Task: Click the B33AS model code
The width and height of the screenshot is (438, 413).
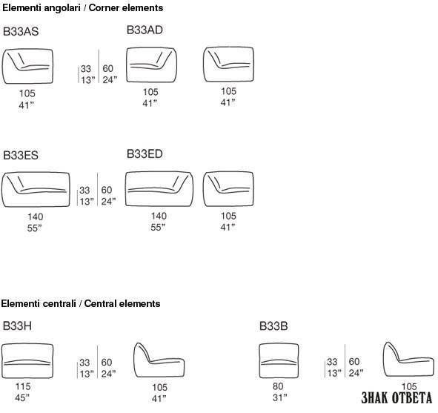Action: (21, 31)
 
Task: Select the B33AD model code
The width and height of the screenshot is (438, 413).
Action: (145, 30)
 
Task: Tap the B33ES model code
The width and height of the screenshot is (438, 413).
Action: (21, 155)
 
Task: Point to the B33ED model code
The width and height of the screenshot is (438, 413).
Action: (145, 153)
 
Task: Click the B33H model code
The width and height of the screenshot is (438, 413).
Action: (17, 326)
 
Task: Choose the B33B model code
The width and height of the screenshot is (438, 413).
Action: (273, 326)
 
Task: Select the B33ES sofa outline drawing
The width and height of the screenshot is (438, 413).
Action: (36, 190)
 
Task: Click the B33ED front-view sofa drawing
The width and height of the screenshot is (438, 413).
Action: (159, 189)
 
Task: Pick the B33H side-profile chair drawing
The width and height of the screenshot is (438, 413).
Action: (159, 360)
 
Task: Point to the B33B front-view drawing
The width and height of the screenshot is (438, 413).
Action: (279, 361)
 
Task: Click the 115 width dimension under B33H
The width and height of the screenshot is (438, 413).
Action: (23, 386)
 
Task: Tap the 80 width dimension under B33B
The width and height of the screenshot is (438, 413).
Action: (278, 386)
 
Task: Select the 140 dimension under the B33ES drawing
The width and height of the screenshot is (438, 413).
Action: (35, 217)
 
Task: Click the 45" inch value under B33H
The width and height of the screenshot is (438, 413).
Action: (22, 397)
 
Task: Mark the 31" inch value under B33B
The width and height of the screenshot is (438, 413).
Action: (279, 397)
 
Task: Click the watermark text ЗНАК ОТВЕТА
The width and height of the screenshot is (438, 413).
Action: (396, 398)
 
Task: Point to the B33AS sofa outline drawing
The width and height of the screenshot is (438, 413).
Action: (27, 66)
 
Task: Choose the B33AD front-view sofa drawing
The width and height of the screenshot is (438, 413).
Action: (151, 65)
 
